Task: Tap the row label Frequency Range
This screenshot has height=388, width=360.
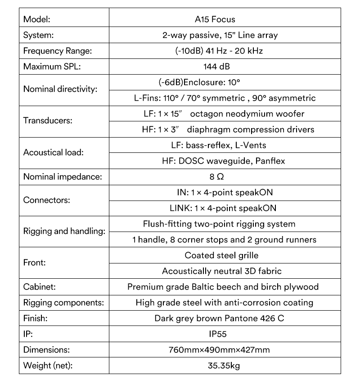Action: click(x=57, y=51)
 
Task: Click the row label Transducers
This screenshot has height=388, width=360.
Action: click(x=47, y=121)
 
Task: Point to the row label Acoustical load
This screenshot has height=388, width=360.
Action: click(x=54, y=152)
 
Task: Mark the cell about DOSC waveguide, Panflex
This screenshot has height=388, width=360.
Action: click(x=223, y=161)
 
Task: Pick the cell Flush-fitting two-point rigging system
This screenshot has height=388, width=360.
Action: click(x=219, y=224)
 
